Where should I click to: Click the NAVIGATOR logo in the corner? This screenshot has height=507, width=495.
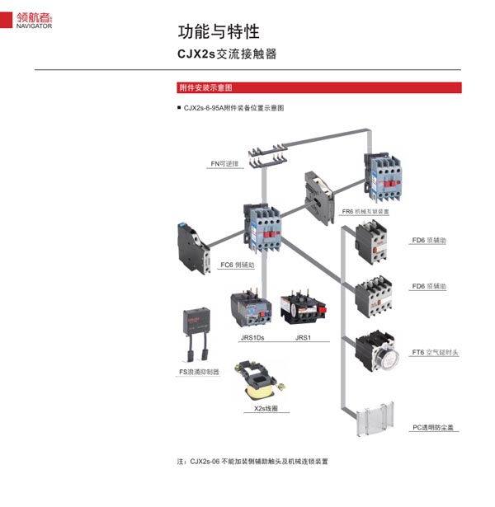coord(34,20)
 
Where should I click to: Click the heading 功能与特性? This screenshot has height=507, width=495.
coord(219,31)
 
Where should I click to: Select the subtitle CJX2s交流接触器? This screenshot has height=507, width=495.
coord(227,54)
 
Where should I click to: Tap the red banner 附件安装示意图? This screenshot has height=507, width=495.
coord(206,87)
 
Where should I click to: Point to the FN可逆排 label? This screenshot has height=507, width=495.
coord(224,164)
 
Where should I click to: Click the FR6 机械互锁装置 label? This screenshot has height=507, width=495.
coord(365,212)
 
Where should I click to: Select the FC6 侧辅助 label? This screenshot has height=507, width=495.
coord(238,265)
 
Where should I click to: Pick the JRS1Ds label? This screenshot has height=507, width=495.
coord(252,338)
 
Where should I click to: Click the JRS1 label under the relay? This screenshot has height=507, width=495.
coord(303,338)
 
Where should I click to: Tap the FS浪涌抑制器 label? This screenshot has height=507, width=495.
coord(200,372)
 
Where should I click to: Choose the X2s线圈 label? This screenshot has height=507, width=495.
coord(261,407)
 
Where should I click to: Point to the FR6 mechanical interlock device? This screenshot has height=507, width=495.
coord(317,196)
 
